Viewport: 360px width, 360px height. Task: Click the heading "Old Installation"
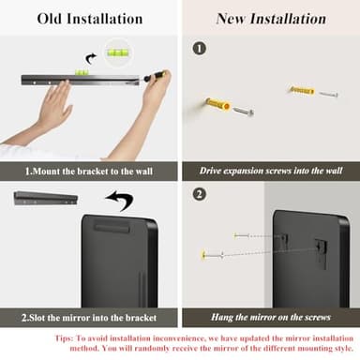click(90, 19)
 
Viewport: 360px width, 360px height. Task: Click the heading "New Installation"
click(271, 19)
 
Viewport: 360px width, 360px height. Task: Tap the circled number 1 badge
click(200, 49)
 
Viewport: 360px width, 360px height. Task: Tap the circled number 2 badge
click(200, 194)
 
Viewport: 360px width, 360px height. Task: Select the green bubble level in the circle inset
click(119, 52)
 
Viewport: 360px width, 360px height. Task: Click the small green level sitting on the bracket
click(82, 72)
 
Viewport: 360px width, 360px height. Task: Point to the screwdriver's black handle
click(153, 77)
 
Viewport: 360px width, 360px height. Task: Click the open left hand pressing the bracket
click(50, 105)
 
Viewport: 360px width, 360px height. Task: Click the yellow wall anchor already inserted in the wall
click(218, 104)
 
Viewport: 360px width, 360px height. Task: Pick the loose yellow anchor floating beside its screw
click(302, 91)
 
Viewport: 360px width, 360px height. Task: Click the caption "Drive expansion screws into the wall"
click(271, 171)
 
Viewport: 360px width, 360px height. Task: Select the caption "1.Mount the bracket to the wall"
click(89, 172)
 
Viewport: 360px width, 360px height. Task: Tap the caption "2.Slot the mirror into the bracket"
click(89, 318)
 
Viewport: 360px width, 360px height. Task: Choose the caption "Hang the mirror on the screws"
click(271, 317)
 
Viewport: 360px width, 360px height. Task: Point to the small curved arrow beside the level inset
click(90, 58)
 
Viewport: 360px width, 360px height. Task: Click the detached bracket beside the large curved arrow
click(46, 199)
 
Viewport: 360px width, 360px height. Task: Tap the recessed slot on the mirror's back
click(112, 228)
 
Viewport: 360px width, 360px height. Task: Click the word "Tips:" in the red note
click(65, 338)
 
